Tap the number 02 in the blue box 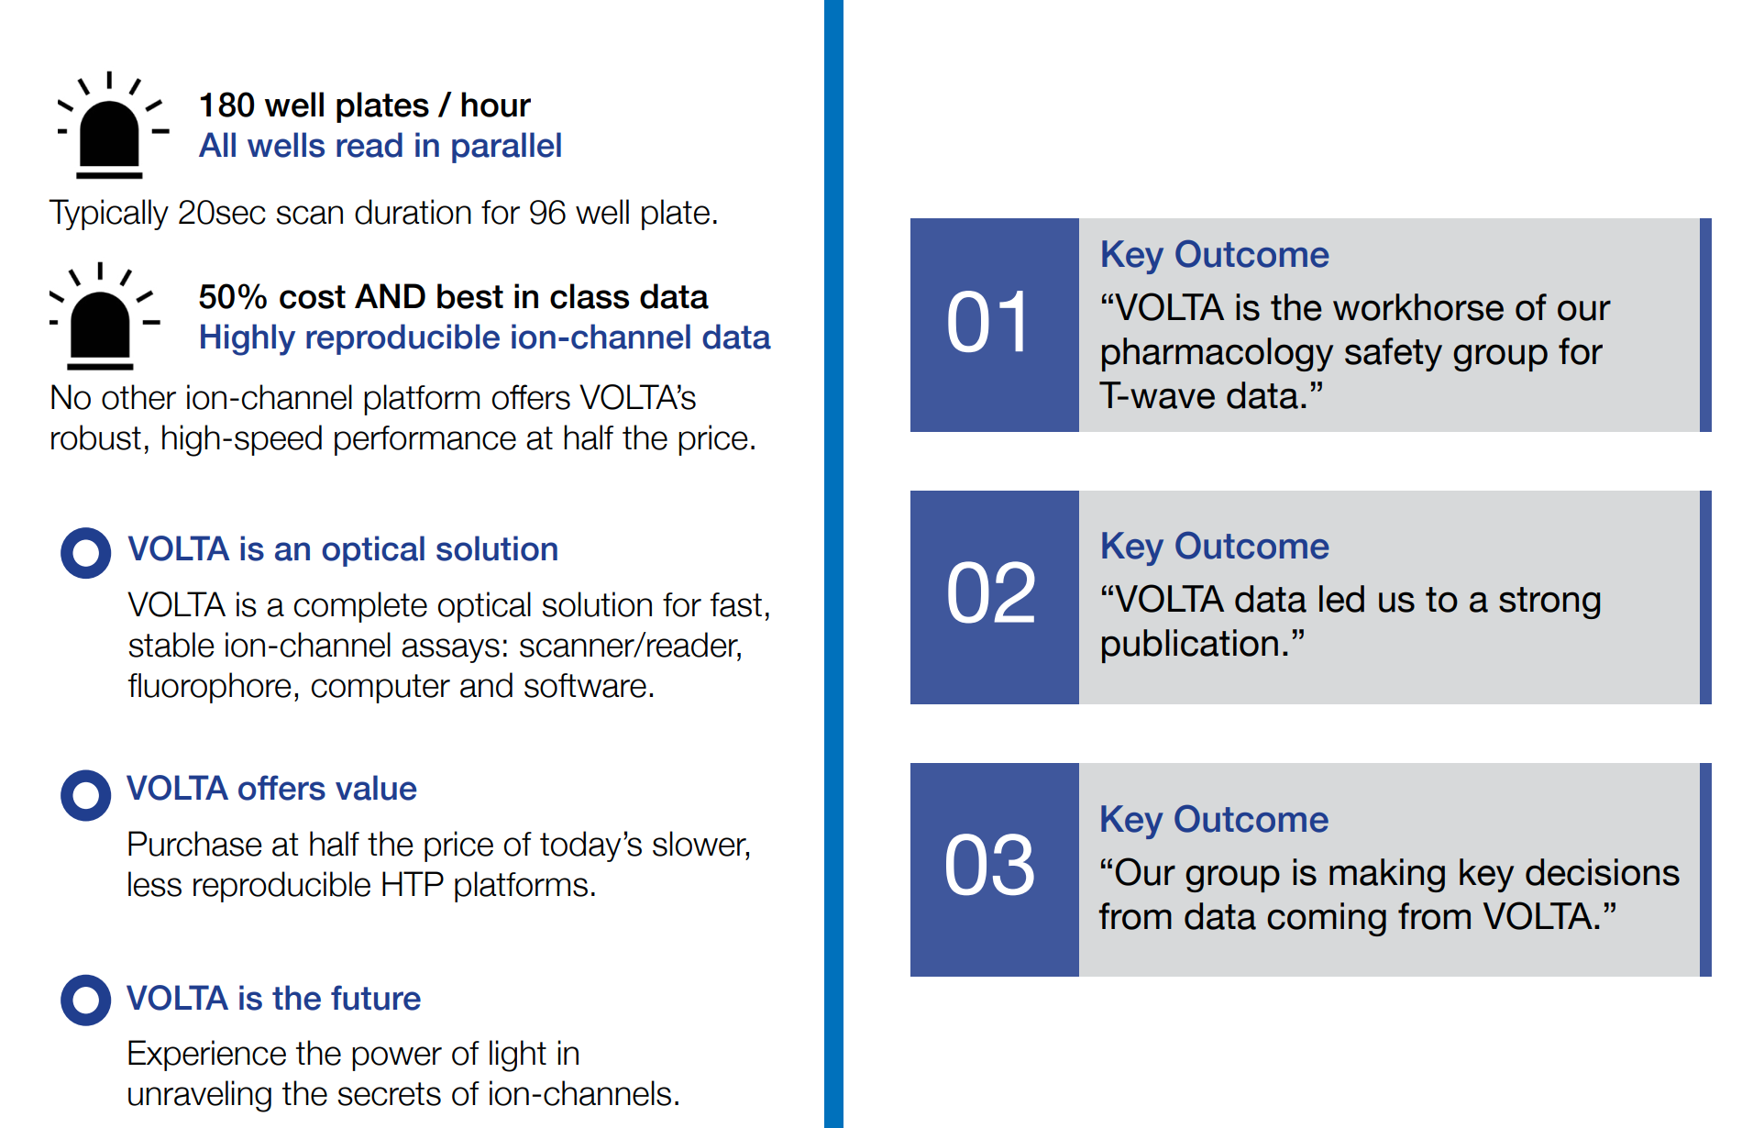coord(990,594)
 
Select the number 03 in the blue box coord(990,866)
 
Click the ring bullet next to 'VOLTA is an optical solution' coord(86,553)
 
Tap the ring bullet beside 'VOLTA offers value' coord(86,795)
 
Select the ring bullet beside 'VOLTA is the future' coord(86,1000)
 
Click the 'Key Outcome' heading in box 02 coord(1214,547)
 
